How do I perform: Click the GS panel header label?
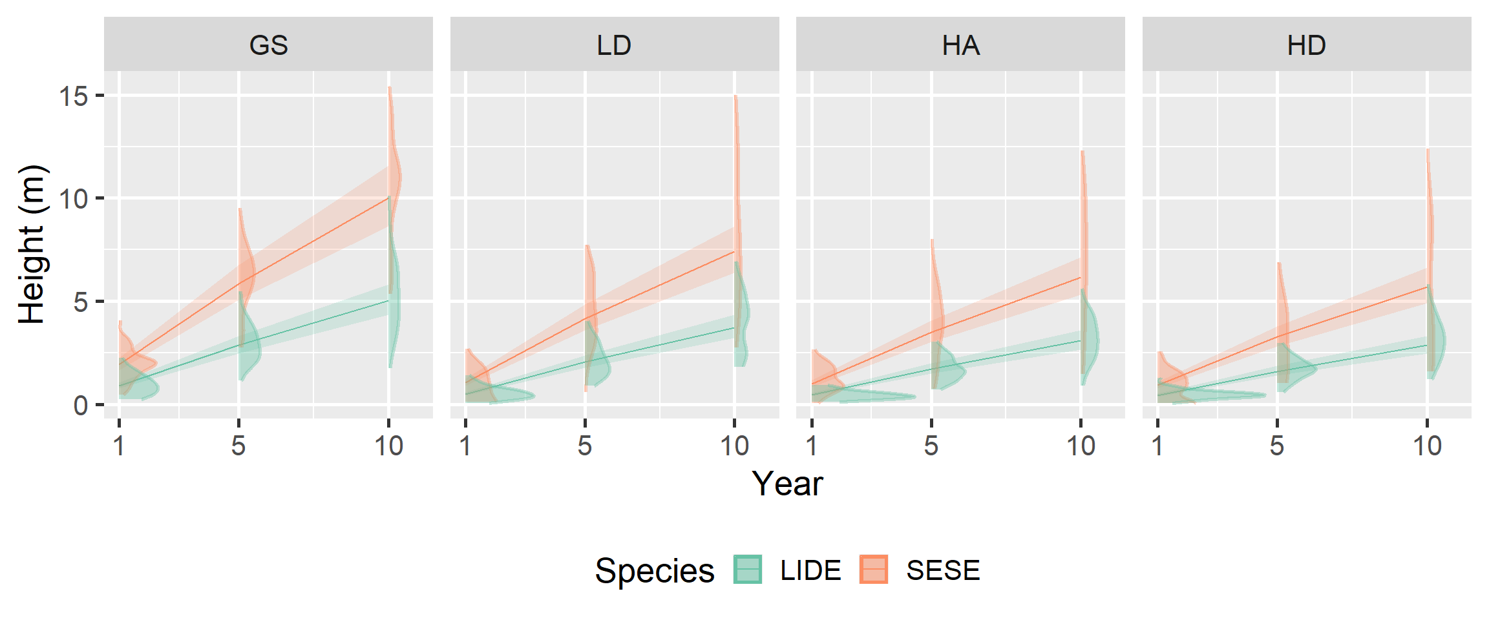268,45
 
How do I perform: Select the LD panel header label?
614,45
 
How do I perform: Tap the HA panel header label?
960,45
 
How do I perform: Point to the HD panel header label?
1306,45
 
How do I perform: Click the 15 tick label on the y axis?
73,96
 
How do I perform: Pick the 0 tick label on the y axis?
81,406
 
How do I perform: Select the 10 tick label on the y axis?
73,199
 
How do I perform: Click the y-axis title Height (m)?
32,244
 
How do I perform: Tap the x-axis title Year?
787,483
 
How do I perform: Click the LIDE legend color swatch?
748,570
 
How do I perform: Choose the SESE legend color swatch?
873,570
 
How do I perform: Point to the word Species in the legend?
654,571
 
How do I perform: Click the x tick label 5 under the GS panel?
238,446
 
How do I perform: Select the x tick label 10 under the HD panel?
1427,446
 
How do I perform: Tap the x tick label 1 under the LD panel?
465,446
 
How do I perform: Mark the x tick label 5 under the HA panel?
931,446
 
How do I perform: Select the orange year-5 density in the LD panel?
590,291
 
